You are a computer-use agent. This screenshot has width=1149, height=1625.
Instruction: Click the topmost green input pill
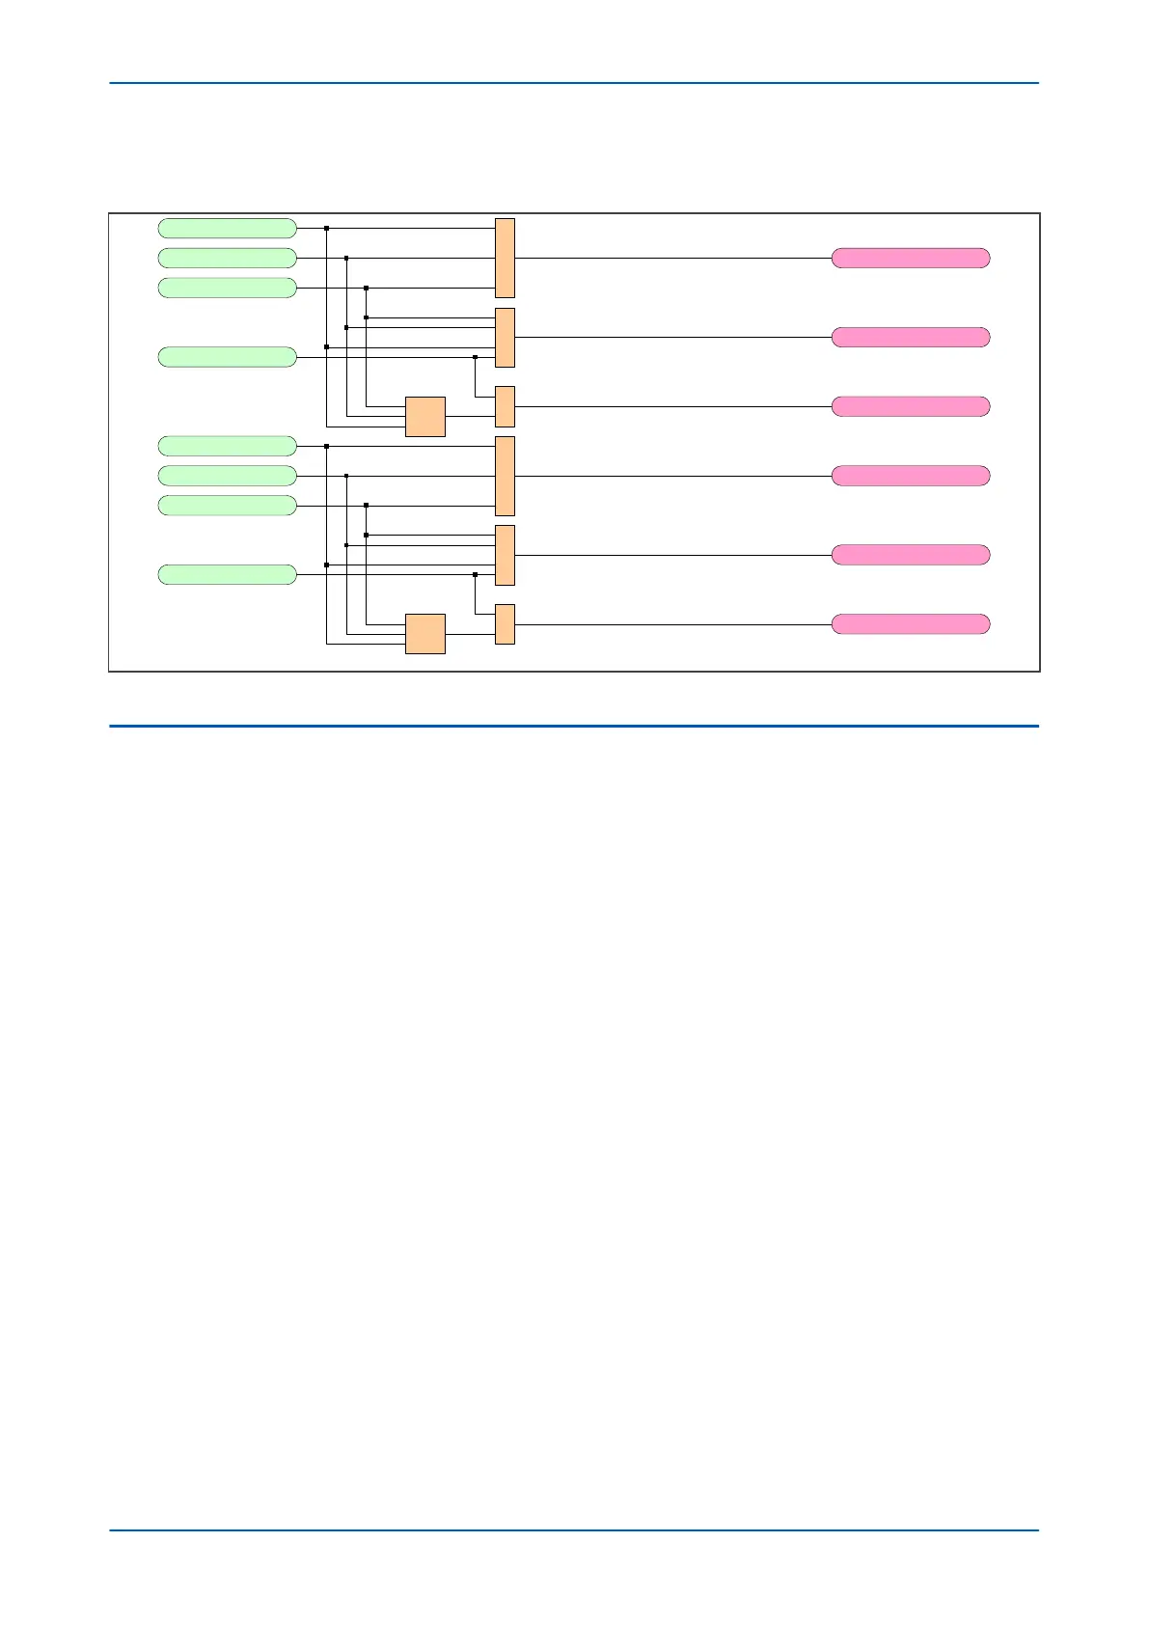coord(227,228)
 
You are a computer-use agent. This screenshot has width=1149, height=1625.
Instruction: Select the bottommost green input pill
coord(227,575)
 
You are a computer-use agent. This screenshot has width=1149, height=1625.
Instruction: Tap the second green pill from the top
coord(227,258)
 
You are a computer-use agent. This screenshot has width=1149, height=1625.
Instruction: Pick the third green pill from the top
coord(227,288)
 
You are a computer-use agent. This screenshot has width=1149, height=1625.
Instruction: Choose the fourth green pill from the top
coord(227,357)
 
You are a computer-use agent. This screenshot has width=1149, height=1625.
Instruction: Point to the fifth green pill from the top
coord(227,446)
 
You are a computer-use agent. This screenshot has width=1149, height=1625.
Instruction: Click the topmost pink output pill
coord(911,258)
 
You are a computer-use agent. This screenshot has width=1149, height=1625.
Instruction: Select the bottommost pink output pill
coord(911,624)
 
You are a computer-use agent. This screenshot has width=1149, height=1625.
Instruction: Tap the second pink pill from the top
coord(911,337)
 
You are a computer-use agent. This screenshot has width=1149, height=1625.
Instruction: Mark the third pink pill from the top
coord(911,406)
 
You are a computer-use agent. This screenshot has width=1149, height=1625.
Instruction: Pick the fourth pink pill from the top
coord(911,476)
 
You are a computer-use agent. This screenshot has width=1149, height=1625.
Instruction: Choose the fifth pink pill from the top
coord(911,555)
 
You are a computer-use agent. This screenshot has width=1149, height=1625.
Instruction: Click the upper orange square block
coord(425,417)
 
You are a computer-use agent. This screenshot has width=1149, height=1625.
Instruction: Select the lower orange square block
coord(425,634)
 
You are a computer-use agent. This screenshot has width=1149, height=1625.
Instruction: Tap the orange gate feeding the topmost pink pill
coord(505,258)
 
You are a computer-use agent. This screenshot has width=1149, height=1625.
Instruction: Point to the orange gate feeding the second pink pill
coord(505,338)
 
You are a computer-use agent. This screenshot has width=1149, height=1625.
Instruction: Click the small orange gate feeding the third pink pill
coord(505,406)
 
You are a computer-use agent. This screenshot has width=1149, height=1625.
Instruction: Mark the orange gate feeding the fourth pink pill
coord(505,476)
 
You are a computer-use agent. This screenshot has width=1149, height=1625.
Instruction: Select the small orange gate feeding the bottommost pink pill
coord(505,624)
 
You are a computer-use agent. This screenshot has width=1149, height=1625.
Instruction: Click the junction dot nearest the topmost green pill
coord(327,229)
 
